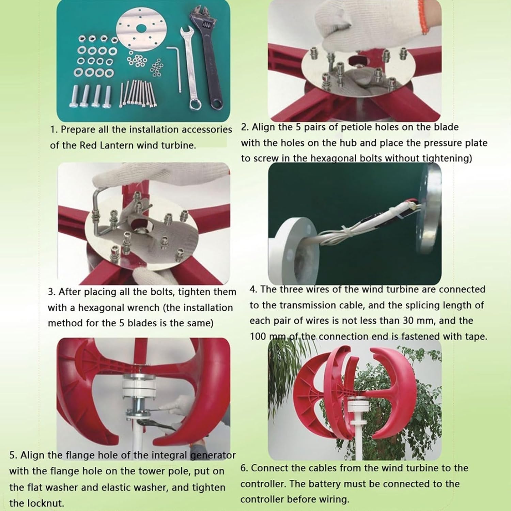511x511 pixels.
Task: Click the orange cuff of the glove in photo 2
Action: pyautogui.click(x=422, y=17)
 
